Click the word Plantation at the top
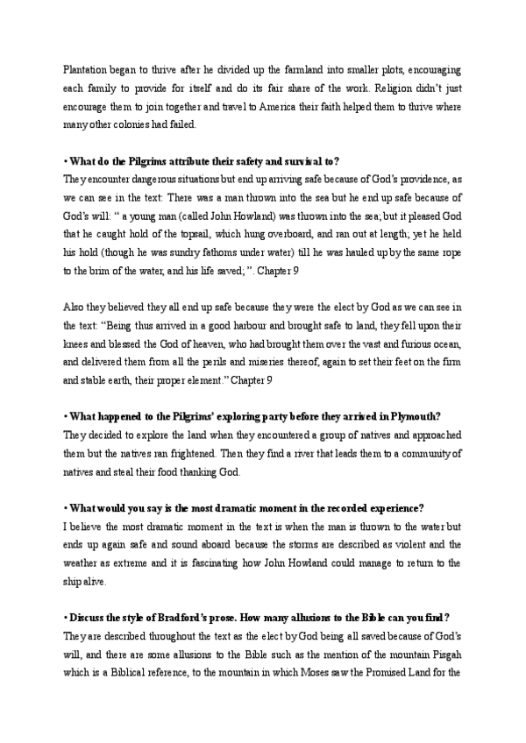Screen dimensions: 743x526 (x=87, y=67)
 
